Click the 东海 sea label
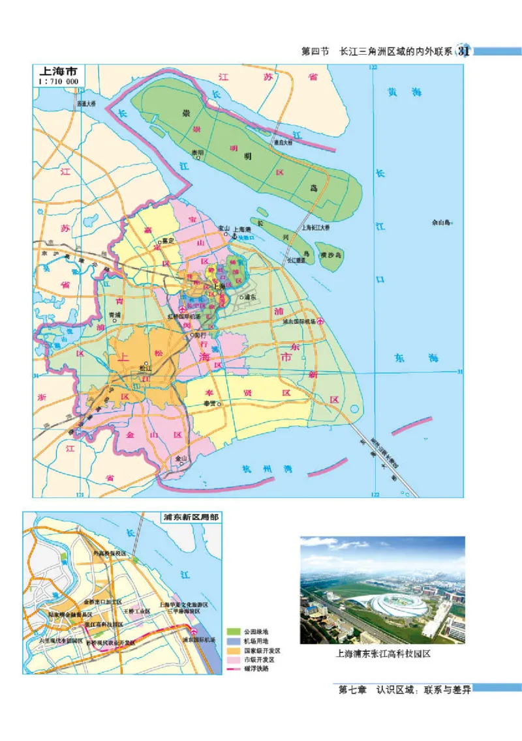point(416,358)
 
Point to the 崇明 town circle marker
point(201,153)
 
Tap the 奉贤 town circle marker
point(220,404)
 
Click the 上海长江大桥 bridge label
point(315,227)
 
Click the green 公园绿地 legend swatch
point(233,632)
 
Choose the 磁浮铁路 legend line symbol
point(233,668)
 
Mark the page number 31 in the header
point(465,51)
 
